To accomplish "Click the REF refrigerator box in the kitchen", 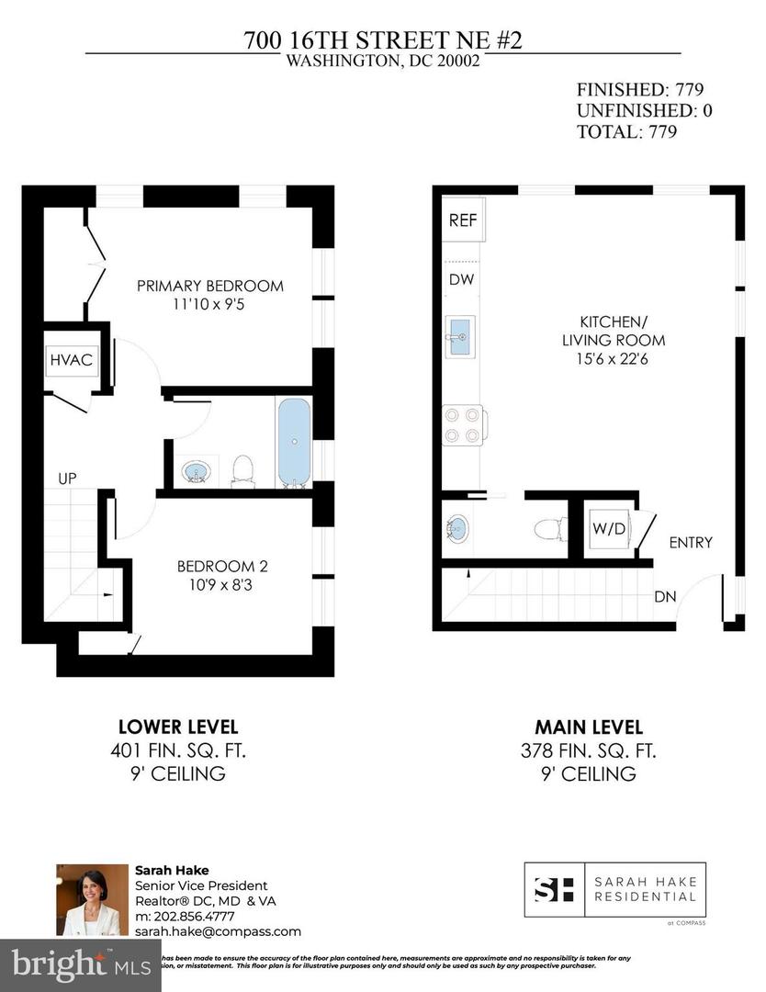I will point(463,220).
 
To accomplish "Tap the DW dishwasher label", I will point(461,279).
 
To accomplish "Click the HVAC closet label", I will point(71,359).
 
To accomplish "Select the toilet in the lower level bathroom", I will point(243,468).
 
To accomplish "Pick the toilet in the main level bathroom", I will point(548,530).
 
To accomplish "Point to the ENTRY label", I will point(690,543).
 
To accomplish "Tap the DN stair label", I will point(665,597).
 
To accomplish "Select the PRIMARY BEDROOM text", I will point(210,286).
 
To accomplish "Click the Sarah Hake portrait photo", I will point(92,899).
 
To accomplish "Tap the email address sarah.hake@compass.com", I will point(218,930).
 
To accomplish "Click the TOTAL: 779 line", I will point(626,131).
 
